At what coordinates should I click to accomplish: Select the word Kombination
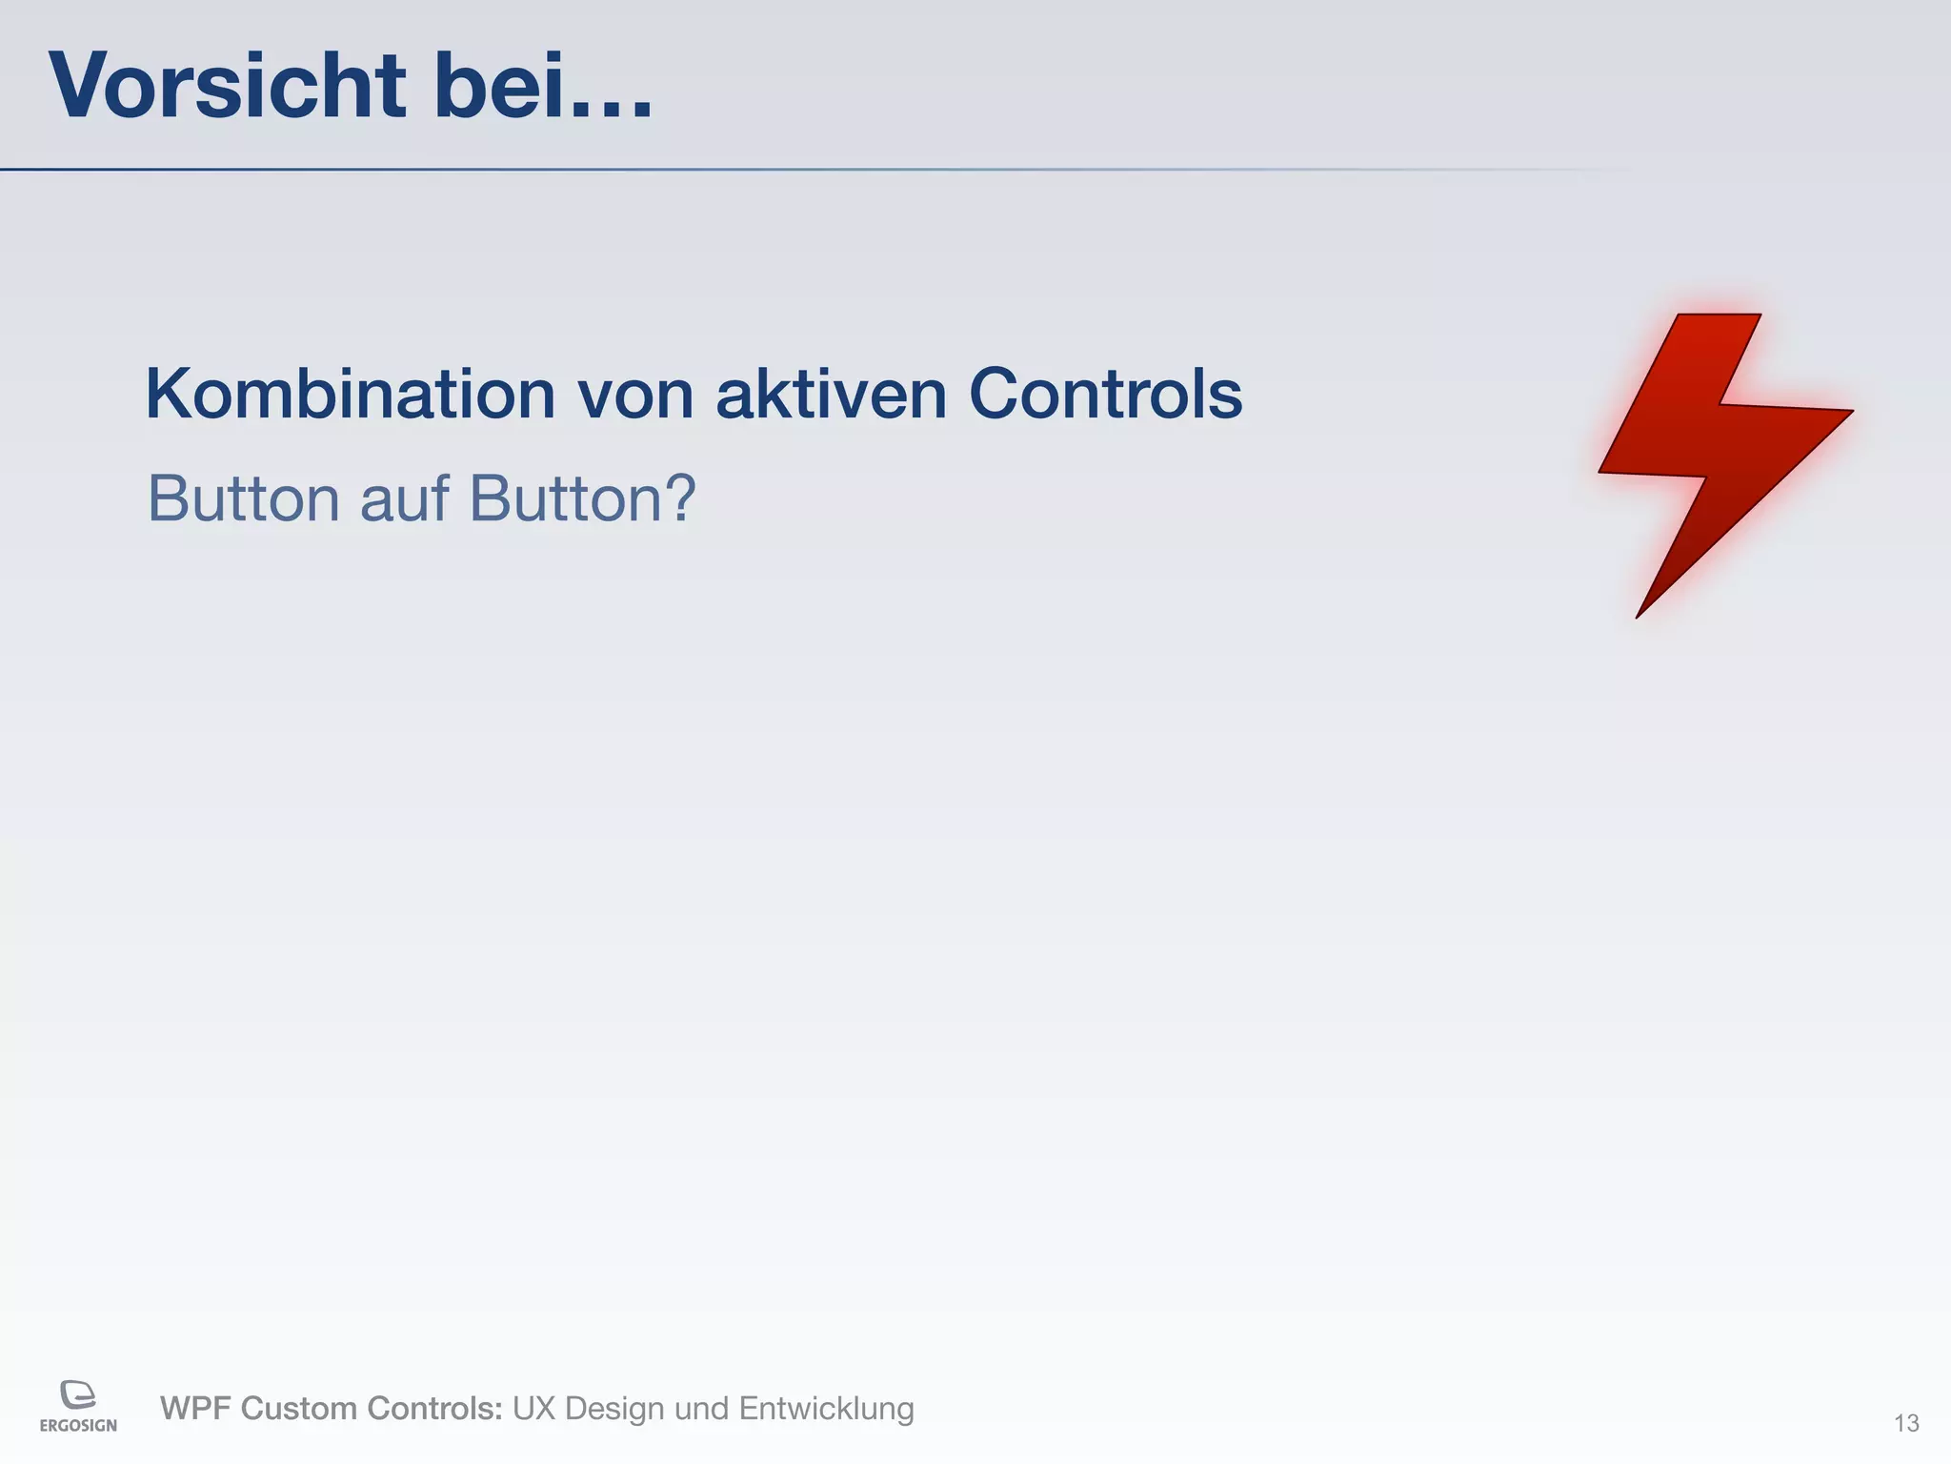[350, 394]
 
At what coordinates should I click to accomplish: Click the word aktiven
[831, 394]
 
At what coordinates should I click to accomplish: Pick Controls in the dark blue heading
[1105, 394]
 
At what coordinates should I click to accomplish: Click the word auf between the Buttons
[404, 498]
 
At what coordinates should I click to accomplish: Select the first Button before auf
[243, 498]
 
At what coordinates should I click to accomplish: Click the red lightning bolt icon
[1715, 448]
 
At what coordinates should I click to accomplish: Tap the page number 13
[1906, 1423]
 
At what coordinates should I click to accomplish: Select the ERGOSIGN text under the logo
[78, 1426]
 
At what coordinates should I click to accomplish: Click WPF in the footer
[194, 1408]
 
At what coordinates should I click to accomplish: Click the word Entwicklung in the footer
[826, 1408]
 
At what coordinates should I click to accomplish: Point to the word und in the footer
[700, 1408]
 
